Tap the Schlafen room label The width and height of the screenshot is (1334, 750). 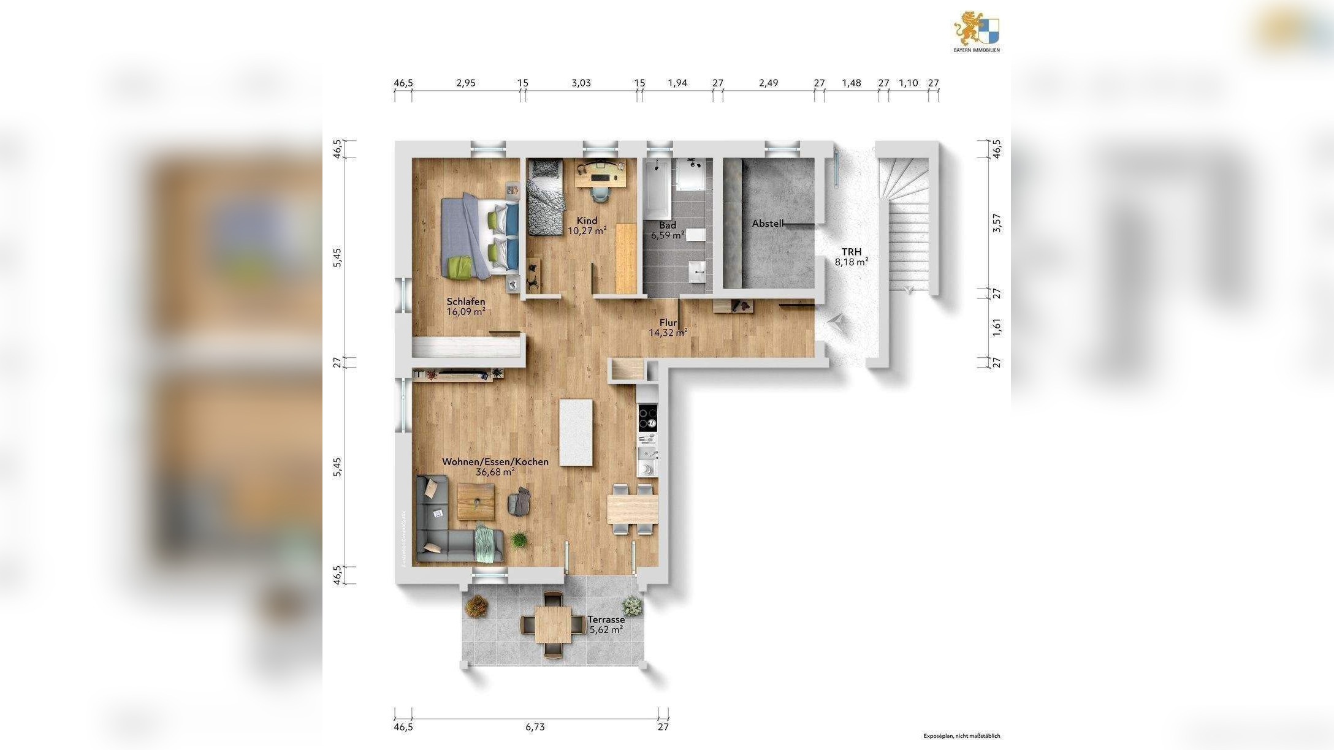(x=466, y=301)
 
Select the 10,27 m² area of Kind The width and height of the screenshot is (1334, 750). (x=587, y=231)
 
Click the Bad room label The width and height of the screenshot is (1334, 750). (x=668, y=225)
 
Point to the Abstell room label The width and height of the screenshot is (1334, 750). (x=768, y=224)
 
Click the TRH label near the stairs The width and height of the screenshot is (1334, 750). (x=851, y=252)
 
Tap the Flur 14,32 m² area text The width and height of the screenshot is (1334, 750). (x=668, y=333)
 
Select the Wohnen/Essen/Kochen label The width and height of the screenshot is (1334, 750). (x=495, y=461)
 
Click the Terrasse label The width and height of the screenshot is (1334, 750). (x=606, y=619)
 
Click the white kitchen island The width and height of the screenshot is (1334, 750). (x=576, y=432)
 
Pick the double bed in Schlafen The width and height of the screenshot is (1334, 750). (x=480, y=238)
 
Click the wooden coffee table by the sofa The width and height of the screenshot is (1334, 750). (x=476, y=501)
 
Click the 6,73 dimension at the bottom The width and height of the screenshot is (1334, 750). (x=535, y=727)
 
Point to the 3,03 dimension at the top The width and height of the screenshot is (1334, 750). (x=581, y=83)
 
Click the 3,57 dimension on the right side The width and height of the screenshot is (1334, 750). (x=996, y=223)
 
